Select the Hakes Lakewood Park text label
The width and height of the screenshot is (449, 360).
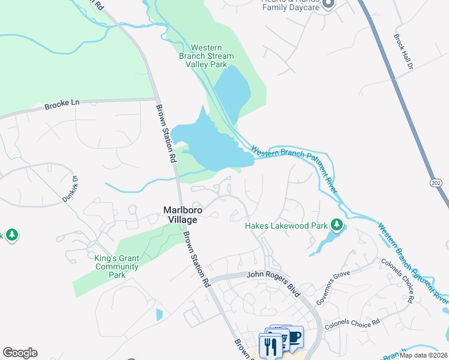pos(286,226)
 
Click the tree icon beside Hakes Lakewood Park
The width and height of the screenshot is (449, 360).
pos(337,226)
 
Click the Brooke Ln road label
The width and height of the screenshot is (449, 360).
pos(62,104)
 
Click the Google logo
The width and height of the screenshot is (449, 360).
pos(20,353)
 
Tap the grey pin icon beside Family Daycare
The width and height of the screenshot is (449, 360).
pos(328,5)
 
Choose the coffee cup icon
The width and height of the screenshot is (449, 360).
pos(294,337)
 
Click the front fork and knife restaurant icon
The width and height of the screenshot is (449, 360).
pos(269,346)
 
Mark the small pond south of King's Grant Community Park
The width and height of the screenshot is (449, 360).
pos(159,314)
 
